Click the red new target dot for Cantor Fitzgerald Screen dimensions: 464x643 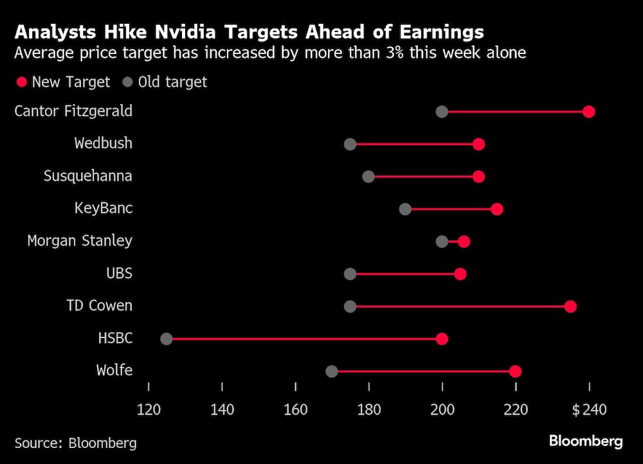click(x=588, y=112)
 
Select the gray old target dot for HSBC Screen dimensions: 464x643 click(x=167, y=339)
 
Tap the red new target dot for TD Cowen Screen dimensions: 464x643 click(x=570, y=306)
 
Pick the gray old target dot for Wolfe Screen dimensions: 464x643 click(x=332, y=371)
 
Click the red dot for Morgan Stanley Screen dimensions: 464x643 click(x=464, y=241)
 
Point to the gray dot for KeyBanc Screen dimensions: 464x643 click(x=405, y=209)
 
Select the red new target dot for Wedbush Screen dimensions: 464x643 click(x=478, y=144)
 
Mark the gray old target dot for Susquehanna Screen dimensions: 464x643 click(x=368, y=176)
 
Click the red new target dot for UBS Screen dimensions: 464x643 click(x=460, y=274)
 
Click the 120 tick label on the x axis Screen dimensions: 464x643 click(x=149, y=409)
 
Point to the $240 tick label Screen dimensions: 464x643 click(x=589, y=409)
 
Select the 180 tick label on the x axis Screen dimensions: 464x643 click(x=368, y=409)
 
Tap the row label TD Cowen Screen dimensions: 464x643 click(x=99, y=305)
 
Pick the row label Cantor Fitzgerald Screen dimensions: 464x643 click(x=73, y=111)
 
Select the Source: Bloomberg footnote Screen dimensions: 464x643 click(x=75, y=443)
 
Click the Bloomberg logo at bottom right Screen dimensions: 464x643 click(x=585, y=441)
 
